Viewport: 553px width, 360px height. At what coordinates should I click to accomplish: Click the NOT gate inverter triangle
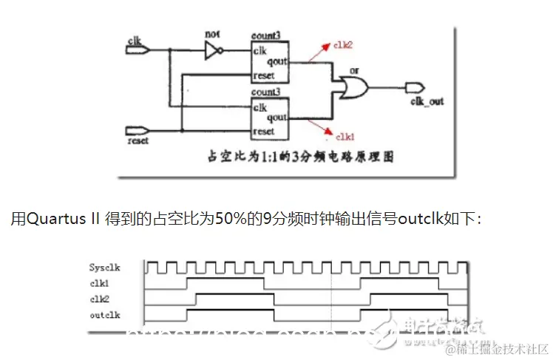[214, 50]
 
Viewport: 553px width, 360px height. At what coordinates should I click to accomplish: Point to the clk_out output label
[427, 101]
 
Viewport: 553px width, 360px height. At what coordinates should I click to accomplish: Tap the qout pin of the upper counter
[276, 63]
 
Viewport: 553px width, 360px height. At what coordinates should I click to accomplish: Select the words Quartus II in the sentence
[62, 219]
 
